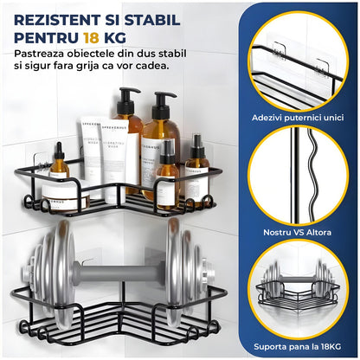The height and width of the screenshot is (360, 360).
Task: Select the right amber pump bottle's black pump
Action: click(x=164, y=100)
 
